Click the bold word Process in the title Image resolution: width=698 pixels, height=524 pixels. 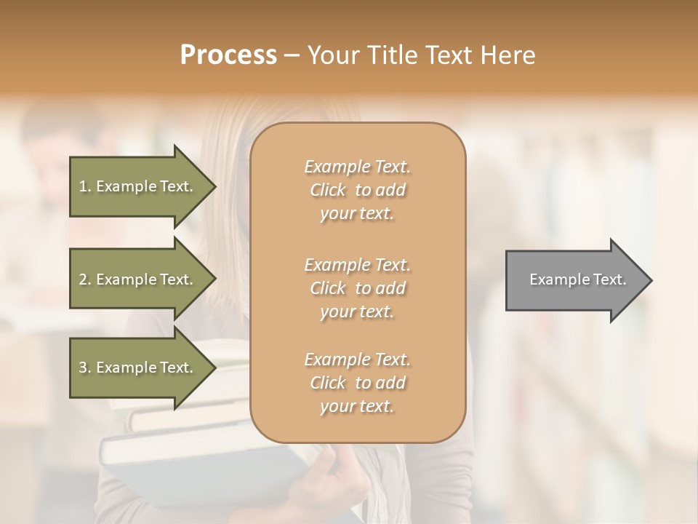point(228,55)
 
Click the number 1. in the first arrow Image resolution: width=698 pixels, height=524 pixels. point(85,186)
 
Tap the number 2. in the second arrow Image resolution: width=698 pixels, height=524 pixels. point(85,279)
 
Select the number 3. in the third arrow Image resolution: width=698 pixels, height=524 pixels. point(85,368)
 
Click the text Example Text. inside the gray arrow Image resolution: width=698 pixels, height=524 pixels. point(578,279)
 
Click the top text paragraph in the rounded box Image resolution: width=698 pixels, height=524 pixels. point(357,190)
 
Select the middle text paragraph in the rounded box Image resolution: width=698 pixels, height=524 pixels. point(357,287)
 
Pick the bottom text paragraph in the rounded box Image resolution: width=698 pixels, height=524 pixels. point(357,383)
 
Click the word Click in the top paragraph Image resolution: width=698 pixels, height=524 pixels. point(327,190)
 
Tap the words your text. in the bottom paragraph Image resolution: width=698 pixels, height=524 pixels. point(357,406)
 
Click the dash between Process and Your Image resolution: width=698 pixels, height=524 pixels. point(292,55)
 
